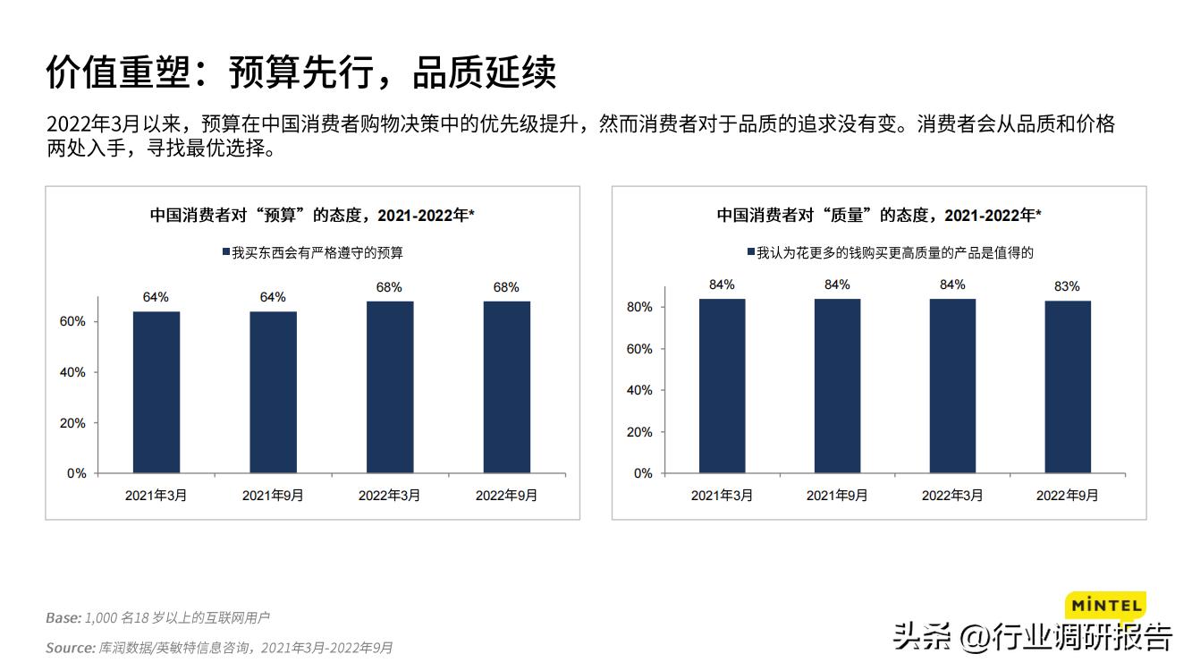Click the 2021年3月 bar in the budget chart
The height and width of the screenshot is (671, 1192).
(x=156, y=392)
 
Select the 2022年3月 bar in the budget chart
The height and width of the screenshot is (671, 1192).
(x=390, y=386)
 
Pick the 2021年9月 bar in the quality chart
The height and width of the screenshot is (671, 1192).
(x=837, y=386)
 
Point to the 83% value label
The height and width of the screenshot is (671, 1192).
(x=1067, y=286)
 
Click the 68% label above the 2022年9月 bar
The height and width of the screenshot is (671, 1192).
(x=506, y=287)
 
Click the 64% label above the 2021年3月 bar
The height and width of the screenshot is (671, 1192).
(x=156, y=297)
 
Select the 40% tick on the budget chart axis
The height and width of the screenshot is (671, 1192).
(x=74, y=372)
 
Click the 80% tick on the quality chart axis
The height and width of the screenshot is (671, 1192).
(x=640, y=307)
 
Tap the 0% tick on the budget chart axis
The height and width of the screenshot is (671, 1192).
(x=77, y=473)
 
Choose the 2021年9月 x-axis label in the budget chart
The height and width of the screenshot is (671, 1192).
(x=273, y=495)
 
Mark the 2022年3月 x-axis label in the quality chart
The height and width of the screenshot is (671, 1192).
(x=952, y=495)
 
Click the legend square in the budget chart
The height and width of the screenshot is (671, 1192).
(x=226, y=253)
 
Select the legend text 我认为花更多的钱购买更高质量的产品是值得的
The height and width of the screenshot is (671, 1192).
(x=895, y=253)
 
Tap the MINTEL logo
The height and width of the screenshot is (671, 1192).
(x=1105, y=606)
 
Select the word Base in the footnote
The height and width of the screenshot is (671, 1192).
(x=63, y=617)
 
